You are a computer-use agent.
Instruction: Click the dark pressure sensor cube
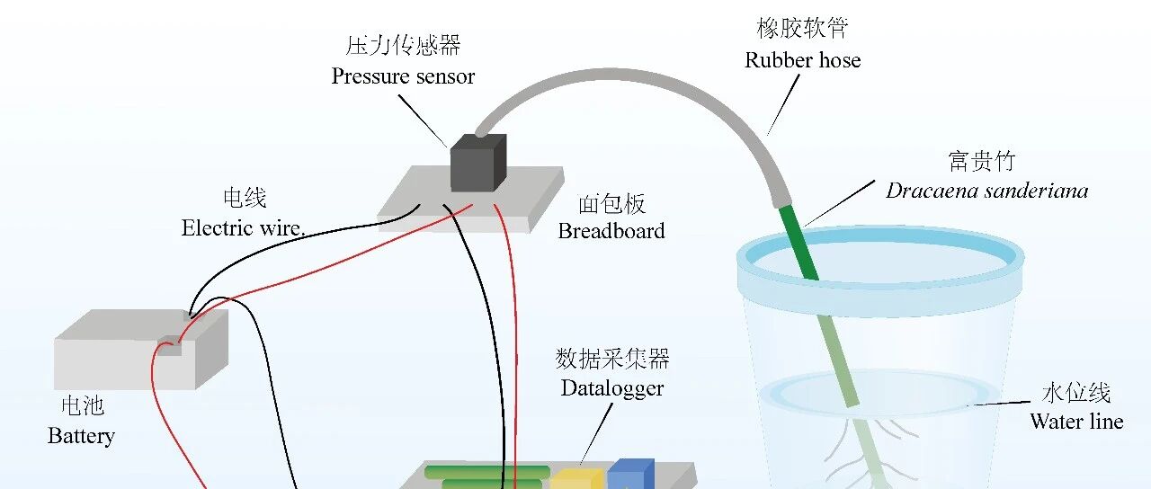click(x=478, y=163)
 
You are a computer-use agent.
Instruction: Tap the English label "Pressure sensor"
click(x=403, y=76)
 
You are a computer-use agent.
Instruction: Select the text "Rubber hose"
click(x=803, y=60)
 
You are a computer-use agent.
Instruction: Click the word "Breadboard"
click(x=611, y=231)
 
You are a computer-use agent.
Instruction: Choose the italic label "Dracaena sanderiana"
click(x=987, y=191)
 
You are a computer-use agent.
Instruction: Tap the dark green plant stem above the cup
click(x=798, y=242)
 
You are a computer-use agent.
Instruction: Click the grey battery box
click(x=141, y=350)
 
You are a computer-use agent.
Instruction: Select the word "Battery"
click(x=81, y=437)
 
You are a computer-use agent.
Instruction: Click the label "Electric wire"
click(x=242, y=228)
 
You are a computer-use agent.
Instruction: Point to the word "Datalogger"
click(x=612, y=389)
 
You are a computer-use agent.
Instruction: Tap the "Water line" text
click(x=1076, y=422)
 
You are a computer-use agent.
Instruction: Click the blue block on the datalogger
click(x=631, y=474)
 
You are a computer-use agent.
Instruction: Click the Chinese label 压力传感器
click(x=403, y=46)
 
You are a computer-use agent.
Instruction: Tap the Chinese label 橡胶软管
click(x=802, y=28)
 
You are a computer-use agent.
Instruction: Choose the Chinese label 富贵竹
click(x=981, y=161)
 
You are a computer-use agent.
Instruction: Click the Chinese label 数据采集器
click(x=612, y=358)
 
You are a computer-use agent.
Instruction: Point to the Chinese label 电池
click(x=83, y=405)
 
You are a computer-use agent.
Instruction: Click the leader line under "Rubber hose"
click(x=783, y=105)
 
